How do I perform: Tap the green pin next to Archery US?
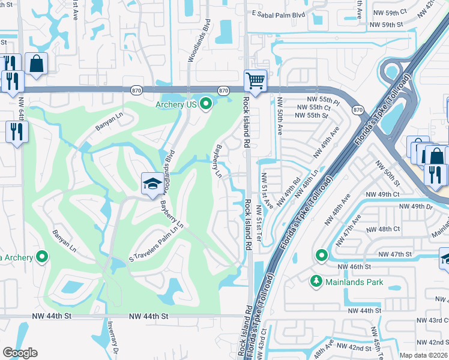coord(206,105)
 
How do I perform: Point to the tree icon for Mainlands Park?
coord(316,280)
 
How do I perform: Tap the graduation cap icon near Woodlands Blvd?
coord(152,184)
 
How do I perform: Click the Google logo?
coord(20,352)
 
